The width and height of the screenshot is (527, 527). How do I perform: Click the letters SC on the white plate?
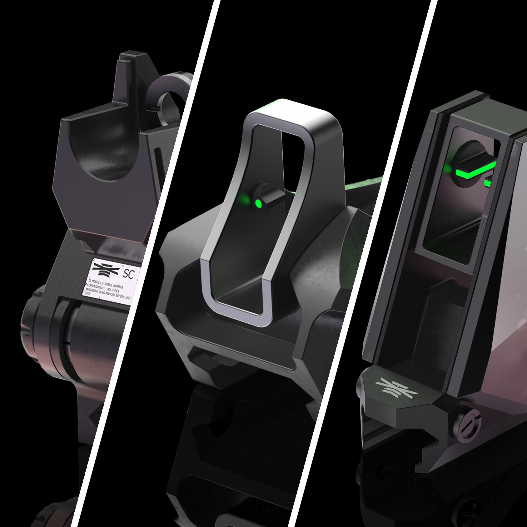coord(128,274)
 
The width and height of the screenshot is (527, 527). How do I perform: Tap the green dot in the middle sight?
coord(258,203)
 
